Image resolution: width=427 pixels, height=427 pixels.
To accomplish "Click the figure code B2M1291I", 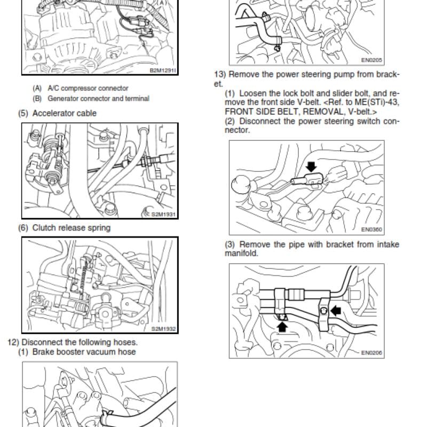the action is click(x=163, y=70).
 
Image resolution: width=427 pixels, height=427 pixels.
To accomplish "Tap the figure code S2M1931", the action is click(x=163, y=215).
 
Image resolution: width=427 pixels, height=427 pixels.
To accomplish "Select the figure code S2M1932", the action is click(x=163, y=329).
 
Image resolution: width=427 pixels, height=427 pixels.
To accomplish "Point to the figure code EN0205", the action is click(x=371, y=60).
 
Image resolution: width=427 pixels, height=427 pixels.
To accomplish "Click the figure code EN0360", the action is click(x=371, y=230).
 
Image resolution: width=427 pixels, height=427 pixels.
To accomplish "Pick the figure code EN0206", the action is click(x=371, y=353).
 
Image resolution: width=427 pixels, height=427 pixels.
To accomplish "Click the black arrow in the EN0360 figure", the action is click(x=311, y=167).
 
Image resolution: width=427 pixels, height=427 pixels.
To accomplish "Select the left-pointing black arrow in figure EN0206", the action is click(x=336, y=310).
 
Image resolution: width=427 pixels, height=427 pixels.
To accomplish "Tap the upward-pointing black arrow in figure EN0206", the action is click(x=282, y=327).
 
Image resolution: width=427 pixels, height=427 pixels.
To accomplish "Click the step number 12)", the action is click(x=13, y=342).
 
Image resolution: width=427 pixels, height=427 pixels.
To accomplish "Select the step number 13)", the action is click(x=220, y=74).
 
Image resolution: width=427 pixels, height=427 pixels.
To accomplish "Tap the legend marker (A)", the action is click(x=37, y=88).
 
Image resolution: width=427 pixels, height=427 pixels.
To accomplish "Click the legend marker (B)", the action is click(x=37, y=99).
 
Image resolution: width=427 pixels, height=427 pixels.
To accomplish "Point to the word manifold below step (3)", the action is click(x=241, y=254).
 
